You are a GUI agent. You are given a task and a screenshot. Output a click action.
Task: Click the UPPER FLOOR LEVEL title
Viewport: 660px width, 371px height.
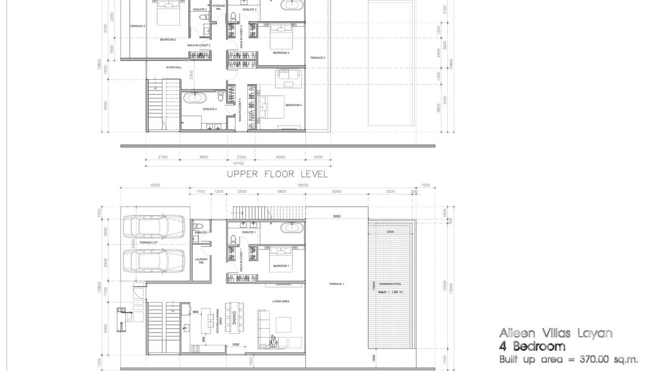pos(277,174)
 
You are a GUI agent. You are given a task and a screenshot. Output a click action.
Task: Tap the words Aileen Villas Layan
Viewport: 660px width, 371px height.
pos(556,333)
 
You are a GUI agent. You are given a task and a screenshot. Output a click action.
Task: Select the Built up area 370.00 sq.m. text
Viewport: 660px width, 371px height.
pos(569,360)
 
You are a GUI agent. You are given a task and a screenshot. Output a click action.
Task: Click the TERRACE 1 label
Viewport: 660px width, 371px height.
pos(336,284)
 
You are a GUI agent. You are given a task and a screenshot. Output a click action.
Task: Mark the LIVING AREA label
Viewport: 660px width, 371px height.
pos(281,301)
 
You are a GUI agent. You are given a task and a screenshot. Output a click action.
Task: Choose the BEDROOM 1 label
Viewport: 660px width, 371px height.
pos(281,266)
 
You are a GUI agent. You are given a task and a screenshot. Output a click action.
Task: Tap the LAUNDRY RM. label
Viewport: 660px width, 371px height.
pos(201,261)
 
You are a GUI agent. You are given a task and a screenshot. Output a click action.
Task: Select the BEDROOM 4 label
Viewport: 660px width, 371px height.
pos(293,105)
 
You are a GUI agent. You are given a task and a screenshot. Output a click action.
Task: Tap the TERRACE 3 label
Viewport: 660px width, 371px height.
pos(317,58)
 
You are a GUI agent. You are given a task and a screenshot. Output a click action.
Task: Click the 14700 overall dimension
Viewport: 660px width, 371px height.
pos(238,163)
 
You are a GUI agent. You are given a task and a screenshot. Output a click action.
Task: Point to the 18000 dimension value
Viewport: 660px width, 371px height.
pos(302,185)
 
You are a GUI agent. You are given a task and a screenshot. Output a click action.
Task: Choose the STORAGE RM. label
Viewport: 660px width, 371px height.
pos(218,7)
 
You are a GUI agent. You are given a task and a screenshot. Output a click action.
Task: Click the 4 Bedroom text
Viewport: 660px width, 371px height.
pos(532,346)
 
